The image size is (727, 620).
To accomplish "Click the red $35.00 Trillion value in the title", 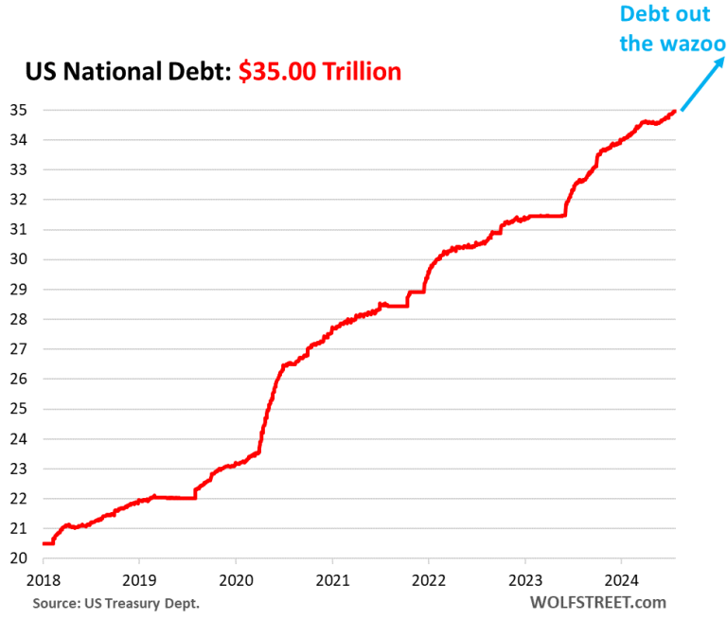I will (320, 71).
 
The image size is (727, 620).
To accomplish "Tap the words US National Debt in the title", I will (123, 71).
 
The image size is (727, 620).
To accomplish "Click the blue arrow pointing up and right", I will (701, 82).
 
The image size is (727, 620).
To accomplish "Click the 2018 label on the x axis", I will (43, 579).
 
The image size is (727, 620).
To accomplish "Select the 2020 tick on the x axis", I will (235, 579).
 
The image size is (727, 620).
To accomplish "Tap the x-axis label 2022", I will (428, 579).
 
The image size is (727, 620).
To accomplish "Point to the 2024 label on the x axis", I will (620, 579).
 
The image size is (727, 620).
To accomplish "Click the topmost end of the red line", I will (673, 111).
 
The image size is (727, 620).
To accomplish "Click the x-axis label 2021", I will (331, 579).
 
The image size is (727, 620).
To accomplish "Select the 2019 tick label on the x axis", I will (139, 579).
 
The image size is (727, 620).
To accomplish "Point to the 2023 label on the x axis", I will (523, 579).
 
